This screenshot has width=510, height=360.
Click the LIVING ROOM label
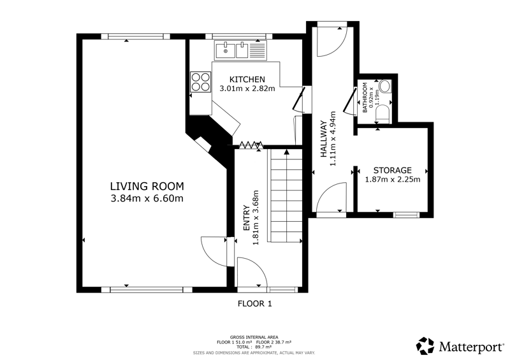click(x=147, y=186)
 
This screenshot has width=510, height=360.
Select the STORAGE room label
click(x=393, y=170)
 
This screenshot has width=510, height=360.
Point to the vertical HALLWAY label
click(x=324, y=139)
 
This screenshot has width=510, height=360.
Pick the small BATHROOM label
click(x=365, y=97)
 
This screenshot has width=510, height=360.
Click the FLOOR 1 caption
click(x=254, y=304)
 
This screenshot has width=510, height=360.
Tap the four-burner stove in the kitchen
click(x=200, y=82)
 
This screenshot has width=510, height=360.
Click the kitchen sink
click(x=240, y=50)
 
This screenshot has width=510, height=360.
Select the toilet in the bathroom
click(x=382, y=112)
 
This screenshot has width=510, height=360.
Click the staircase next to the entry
click(x=285, y=196)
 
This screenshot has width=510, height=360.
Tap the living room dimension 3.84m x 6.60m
click(x=147, y=198)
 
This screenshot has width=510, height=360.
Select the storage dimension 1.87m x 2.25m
click(x=393, y=179)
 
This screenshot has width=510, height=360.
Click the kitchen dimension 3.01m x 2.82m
click(x=247, y=88)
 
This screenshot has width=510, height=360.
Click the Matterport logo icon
click(x=425, y=346)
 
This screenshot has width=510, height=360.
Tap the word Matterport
click(x=471, y=347)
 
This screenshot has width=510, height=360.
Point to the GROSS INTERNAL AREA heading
click(x=254, y=337)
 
